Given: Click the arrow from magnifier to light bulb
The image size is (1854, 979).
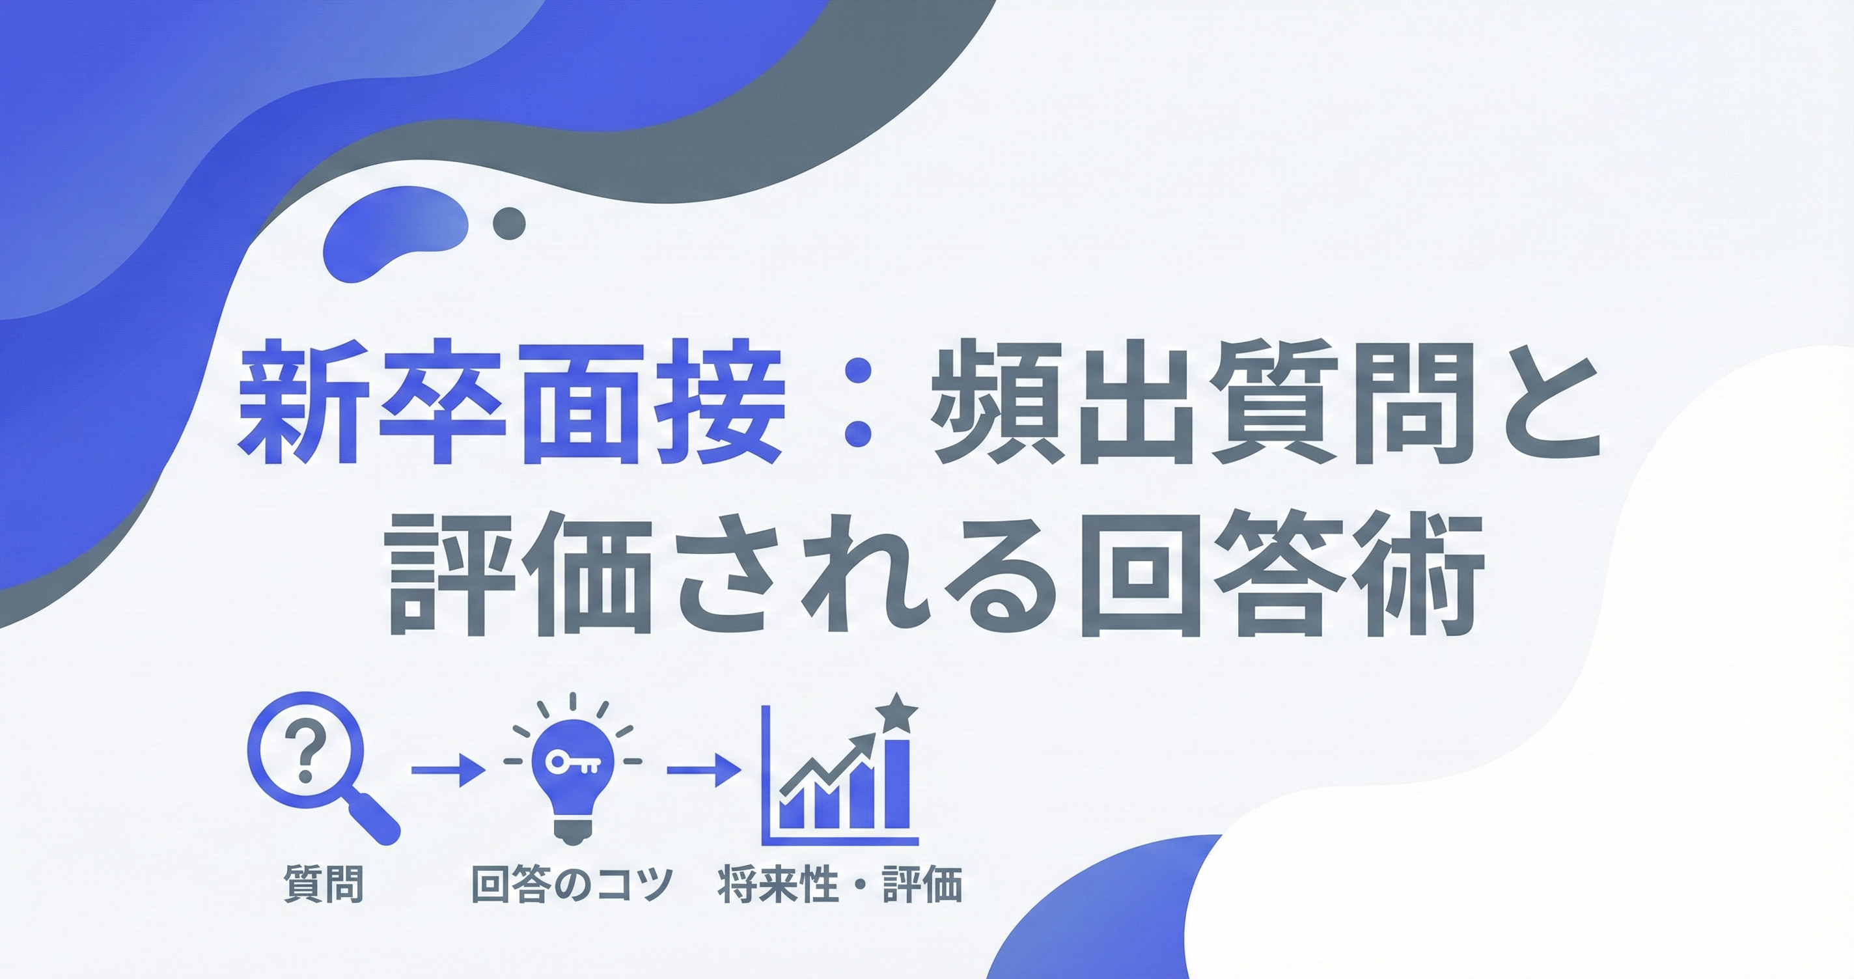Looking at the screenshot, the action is click(x=447, y=770).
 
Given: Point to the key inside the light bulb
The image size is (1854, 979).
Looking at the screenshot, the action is click(x=572, y=763).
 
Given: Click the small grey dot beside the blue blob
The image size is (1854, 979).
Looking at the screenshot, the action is click(x=509, y=223).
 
